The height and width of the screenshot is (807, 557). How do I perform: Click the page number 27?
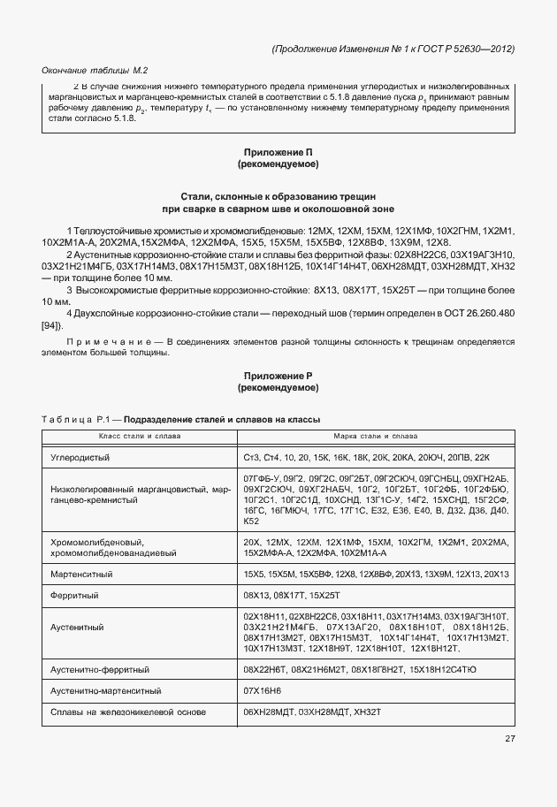point(509,739)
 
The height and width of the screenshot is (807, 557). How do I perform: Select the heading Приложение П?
point(278,152)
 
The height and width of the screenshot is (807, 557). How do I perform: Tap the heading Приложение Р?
point(278,376)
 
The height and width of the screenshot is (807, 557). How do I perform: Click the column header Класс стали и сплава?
point(138,437)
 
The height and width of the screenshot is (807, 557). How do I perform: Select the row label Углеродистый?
point(81,457)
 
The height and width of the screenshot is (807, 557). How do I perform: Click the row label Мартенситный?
point(82,575)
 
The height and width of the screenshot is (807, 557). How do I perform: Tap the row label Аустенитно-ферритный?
point(103,670)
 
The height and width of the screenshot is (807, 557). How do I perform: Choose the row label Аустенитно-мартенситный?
point(110,691)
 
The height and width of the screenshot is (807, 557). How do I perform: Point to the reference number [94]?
point(51,327)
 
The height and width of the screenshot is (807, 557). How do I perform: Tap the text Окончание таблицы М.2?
point(95,70)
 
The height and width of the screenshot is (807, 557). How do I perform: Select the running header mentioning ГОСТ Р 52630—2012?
point(393,49)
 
